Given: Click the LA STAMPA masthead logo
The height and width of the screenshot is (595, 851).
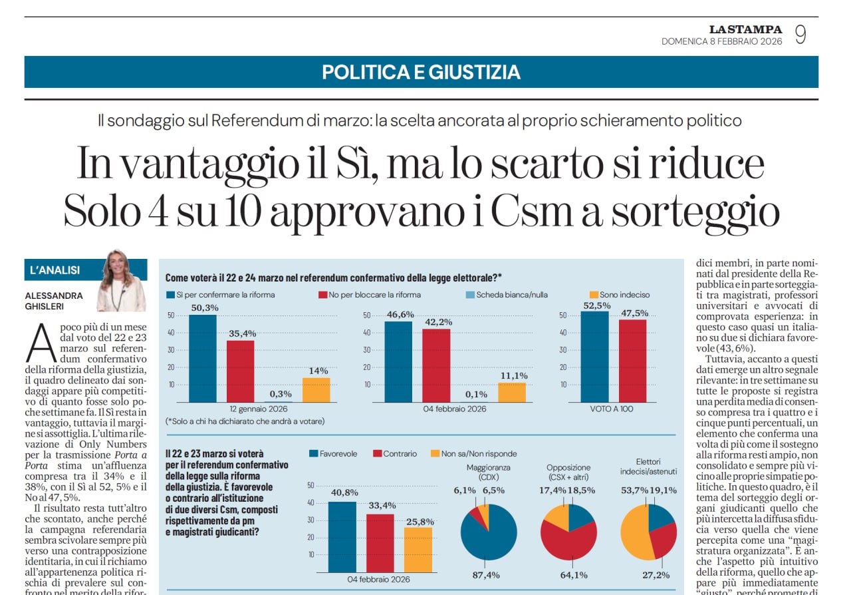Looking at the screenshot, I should [x=745, y=29].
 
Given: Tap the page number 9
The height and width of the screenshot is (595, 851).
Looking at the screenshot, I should [x=800, y=35].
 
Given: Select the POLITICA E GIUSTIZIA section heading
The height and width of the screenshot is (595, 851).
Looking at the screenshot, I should [x=421, y=72].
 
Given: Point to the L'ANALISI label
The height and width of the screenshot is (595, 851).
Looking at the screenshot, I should [x=55, y=270].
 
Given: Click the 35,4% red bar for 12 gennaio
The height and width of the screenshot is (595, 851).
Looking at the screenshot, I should [x=240, y=371].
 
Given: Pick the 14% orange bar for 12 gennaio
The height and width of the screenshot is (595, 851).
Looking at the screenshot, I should [x=316, y=389].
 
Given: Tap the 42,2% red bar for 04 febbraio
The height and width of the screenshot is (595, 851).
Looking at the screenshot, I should [x=435, y=365].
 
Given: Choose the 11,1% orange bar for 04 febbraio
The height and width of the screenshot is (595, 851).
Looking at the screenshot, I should [x=511, y=392].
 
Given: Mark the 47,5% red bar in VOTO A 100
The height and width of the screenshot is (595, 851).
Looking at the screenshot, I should [x=632, y=361].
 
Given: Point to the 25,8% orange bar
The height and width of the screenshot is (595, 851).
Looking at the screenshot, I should [x=418, y=550].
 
